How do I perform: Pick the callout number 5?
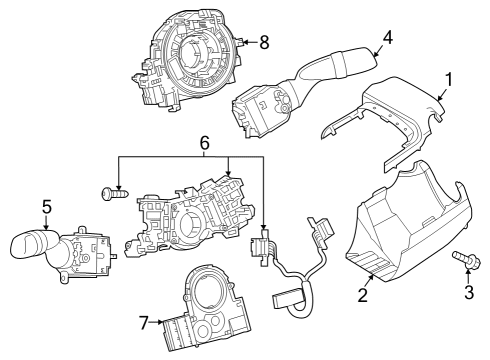click(46, 207)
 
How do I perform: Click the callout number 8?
click(264, 42)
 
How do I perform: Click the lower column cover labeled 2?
click(405, 230)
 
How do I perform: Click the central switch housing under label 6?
click(195, 215)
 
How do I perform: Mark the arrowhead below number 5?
click(46, 227)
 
